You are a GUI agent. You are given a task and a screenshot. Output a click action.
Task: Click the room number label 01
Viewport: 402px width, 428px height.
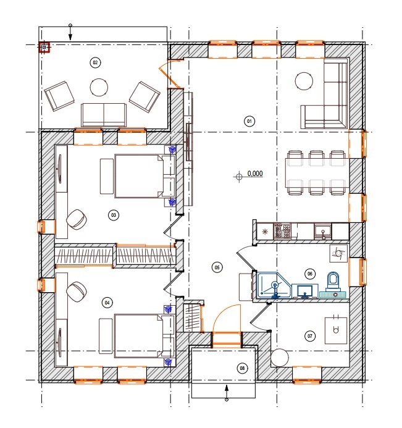point(249,121)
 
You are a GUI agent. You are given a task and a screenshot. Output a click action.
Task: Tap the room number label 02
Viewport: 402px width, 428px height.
point(95,62)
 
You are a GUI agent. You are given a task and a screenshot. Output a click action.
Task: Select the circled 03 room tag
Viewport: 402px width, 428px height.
point(114,215)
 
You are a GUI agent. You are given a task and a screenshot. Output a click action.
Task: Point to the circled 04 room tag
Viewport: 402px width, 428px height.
point(107,303)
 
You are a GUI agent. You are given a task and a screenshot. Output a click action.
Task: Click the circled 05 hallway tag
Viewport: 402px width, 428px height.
point(217,267)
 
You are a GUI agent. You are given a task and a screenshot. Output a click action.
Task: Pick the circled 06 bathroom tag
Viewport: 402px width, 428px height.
point(310,274)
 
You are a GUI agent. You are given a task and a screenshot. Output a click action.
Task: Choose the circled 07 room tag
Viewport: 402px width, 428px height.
point(310,336)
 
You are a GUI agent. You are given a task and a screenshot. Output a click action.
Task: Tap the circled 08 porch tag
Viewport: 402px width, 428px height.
point(242,368)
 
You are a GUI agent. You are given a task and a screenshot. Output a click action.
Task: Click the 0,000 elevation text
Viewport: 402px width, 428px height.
point(255,174)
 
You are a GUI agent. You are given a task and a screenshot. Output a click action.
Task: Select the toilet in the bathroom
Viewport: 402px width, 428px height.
point(332,282)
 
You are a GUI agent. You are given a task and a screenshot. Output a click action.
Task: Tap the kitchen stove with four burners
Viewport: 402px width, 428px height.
point(282,231)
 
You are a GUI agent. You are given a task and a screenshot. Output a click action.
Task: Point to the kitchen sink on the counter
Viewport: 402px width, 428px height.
point(323,232)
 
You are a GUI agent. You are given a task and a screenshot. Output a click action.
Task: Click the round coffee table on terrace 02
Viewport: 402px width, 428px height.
point(99,87)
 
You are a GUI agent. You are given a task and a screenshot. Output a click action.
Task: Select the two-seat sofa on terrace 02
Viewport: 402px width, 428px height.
point(104,115)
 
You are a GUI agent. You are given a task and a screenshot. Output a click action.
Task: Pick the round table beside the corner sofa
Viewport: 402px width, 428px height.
point(304,81)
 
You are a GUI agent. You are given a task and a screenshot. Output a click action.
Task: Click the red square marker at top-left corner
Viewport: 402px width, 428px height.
point(44,48)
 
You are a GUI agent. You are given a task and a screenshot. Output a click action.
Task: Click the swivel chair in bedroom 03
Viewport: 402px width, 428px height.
point(77,219)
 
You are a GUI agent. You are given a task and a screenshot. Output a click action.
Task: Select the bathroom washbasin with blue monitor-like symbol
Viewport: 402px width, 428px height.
point(305,291)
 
